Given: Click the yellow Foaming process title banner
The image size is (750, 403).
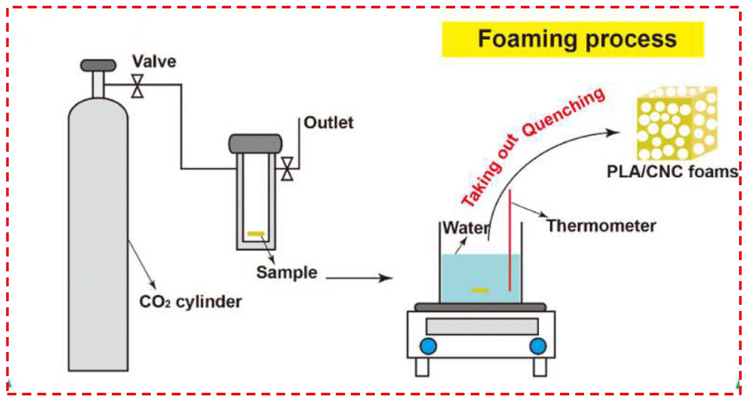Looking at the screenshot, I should click(x=572, y=39).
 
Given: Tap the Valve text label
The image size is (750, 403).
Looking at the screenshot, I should click(x=154, y=61).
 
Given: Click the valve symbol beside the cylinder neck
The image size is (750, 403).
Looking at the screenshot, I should click(x=137, y=86).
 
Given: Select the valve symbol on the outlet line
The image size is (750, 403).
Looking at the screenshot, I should click(x=287, y=169).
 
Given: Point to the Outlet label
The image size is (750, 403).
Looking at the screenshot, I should click(x=328, y=123).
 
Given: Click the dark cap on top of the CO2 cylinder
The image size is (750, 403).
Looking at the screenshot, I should click(x=98, y=65).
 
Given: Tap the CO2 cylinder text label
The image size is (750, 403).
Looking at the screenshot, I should click(x=190, y=302).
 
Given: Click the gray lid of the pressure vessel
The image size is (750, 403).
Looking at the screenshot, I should click(x=255, y=144).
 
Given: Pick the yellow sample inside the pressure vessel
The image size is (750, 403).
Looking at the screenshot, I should click(x=256, y=234).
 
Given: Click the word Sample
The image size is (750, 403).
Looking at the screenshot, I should click(x=287, y=272).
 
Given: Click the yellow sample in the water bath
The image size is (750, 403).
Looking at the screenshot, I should click(x=480, y=290).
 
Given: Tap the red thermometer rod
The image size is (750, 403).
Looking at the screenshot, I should click(x=510, y=240).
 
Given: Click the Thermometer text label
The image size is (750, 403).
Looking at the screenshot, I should click(x=601, y=226).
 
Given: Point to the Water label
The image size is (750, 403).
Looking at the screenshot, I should click(x=466, y=228).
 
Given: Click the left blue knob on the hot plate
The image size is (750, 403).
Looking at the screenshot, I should click(x=428, y=346).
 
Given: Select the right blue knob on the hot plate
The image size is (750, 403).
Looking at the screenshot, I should click(x=538, y=346).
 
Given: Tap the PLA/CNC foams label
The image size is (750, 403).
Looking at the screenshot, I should click(x=672, y=172).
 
